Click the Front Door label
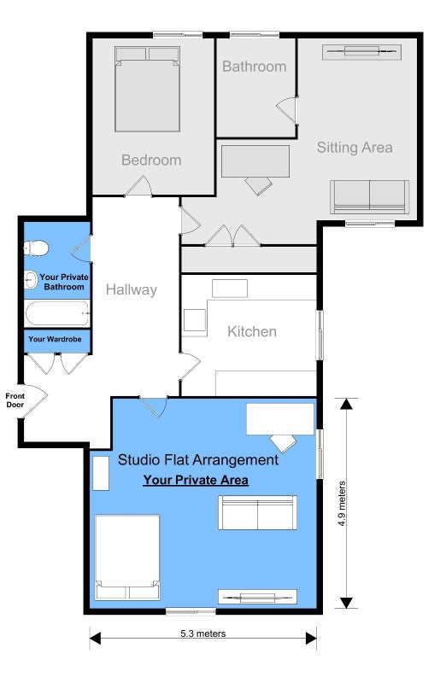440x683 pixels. [x=15, y=400]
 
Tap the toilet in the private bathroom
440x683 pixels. [x=36, y=248]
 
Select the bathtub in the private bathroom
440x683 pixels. [x=57, y=313]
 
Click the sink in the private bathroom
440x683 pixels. [x=31, y=279]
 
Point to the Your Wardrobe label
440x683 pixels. [x=55, y=339]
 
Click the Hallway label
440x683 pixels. [x=132, y=289]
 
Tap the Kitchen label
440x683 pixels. [x=252, y=331]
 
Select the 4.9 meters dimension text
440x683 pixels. [x=342, y=503]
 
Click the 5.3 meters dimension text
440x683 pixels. [x=203, y=633]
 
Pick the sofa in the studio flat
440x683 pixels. [x=257, y=512]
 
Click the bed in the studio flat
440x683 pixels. [x=127, y=557]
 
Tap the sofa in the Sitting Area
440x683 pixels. [x=369, y=197]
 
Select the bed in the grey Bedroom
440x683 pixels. [x=148, y=89]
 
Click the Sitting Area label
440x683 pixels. [x=355, y=147]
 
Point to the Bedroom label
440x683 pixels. [x=151, y=160]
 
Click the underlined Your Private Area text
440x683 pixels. [x=196, y=480]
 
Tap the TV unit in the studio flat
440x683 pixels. [x=257, y=597]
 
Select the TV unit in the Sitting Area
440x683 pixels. [x=361, y=52]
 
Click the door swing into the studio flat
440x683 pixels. [x=154, y=408]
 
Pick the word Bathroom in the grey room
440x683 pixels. [x=255, y=67]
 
